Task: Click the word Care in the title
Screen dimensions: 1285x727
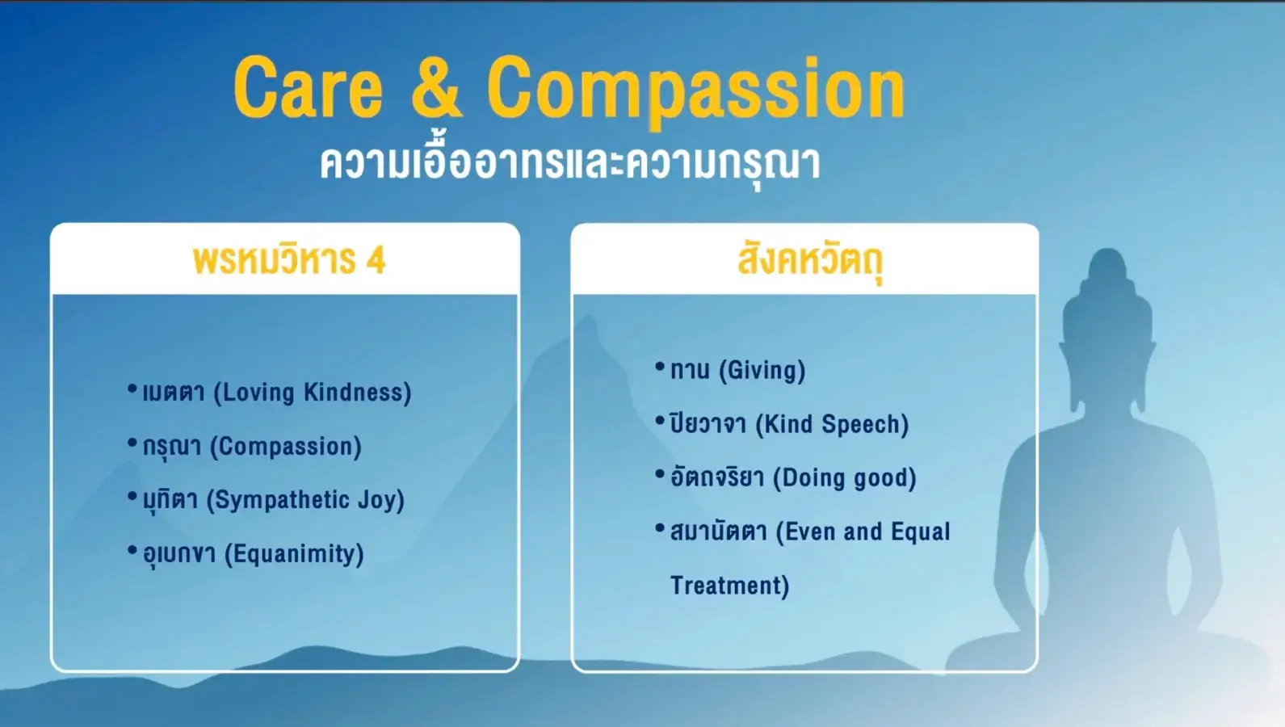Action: click(x=309, y=87)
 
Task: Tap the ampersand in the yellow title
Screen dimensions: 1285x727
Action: click(x=437, y=87)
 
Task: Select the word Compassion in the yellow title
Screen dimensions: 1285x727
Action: click(x=696, y=92)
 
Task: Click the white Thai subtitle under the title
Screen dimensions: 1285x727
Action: click(x=570, y=163)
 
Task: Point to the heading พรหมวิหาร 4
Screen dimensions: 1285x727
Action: click(x=289, y=260)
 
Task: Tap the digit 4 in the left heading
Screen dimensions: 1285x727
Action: click(x=376, y=260)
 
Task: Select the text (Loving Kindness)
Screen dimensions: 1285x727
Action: click(x=313, y=393)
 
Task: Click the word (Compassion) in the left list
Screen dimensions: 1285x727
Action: click(x=286, y=447)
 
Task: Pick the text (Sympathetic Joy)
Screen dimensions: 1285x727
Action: click(x=306, y=500)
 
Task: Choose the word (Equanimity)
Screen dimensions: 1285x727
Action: click(x=294, y=554)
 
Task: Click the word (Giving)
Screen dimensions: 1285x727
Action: click(x=762, y=371)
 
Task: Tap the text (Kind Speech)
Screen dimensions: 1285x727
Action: click(x=833, y=425)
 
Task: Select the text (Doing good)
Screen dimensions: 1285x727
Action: click(x=845, y=478)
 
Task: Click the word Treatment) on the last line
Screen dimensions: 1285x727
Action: click(x=729, y=586)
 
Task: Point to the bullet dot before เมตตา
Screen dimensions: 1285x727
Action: click(x=132, y=389)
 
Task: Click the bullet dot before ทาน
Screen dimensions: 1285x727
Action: click(x=660, y=365)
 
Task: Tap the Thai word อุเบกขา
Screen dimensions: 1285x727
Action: click(x=179, y=554)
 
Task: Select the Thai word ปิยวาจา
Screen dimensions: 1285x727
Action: click(x=708, y=423)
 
